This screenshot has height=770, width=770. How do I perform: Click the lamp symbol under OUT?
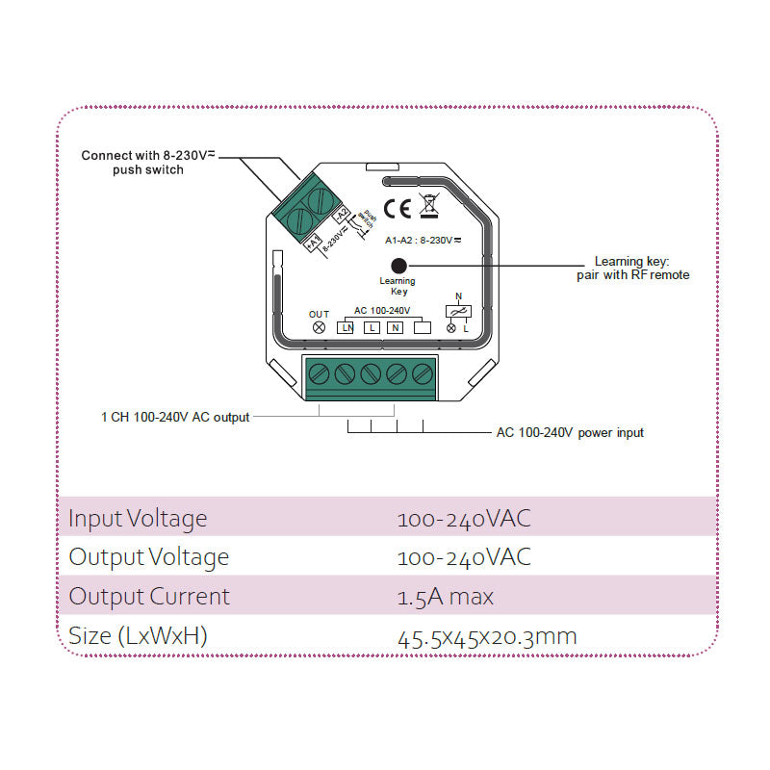pyautogui.click(x=319, y=328)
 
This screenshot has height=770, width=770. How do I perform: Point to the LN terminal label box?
pyautogui.click(x=346, y=328)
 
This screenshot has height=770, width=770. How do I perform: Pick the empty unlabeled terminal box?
pyautogui.click(x=421, y=328)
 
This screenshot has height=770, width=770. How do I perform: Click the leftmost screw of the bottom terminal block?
pyautogui.click(x=320, y=373)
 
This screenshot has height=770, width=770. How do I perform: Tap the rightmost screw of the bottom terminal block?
pyautogui.click(x=421, y=373)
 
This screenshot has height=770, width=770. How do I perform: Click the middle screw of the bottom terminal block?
pyautogui.click(x=371, y=373)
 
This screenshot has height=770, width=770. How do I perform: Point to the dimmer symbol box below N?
pyautogui.click(x=455, y=311)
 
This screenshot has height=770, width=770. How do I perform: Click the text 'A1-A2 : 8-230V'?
pyautogui.click(x=423, y=240)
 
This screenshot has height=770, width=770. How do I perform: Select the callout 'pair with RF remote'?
pyautogui.click(x=632, y=274)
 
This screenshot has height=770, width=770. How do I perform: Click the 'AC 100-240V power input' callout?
pyautogui.click(x=570, y=433)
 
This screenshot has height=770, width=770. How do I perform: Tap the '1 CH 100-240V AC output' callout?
pyautogui.click(x=175, y=417)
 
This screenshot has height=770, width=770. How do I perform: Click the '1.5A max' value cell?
pyautogui.click(x=445, y=597)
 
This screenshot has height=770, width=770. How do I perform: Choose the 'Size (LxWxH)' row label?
pyautogui.click(x=138, y=636)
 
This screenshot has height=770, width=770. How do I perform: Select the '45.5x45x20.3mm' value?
pyautogui.click(x=486, y=636)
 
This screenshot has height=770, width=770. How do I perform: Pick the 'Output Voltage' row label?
pyautogui.click(x=148, y=557)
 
